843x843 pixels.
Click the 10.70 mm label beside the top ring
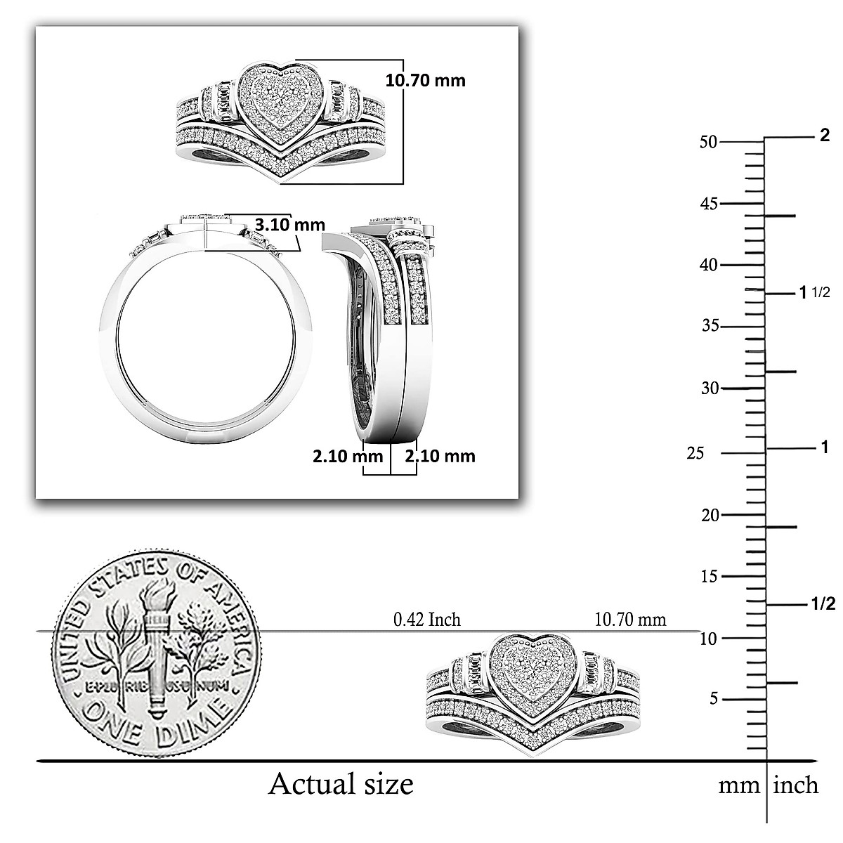click(425, 80)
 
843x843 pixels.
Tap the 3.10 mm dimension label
click(289, 225)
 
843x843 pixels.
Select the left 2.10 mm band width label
click(348, 456)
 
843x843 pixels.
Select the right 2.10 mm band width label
click(440, 456)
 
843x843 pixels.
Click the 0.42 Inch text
click(427, 620)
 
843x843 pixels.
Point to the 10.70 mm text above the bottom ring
click(630, 620)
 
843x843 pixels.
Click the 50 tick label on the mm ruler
click(708, 142)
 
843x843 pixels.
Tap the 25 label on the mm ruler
click(695, 454)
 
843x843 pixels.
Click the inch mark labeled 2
click(825, 136)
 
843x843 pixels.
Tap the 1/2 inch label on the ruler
click(823, 604)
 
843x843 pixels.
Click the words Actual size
click(341, 783)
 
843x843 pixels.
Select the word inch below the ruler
click(795, 785)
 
